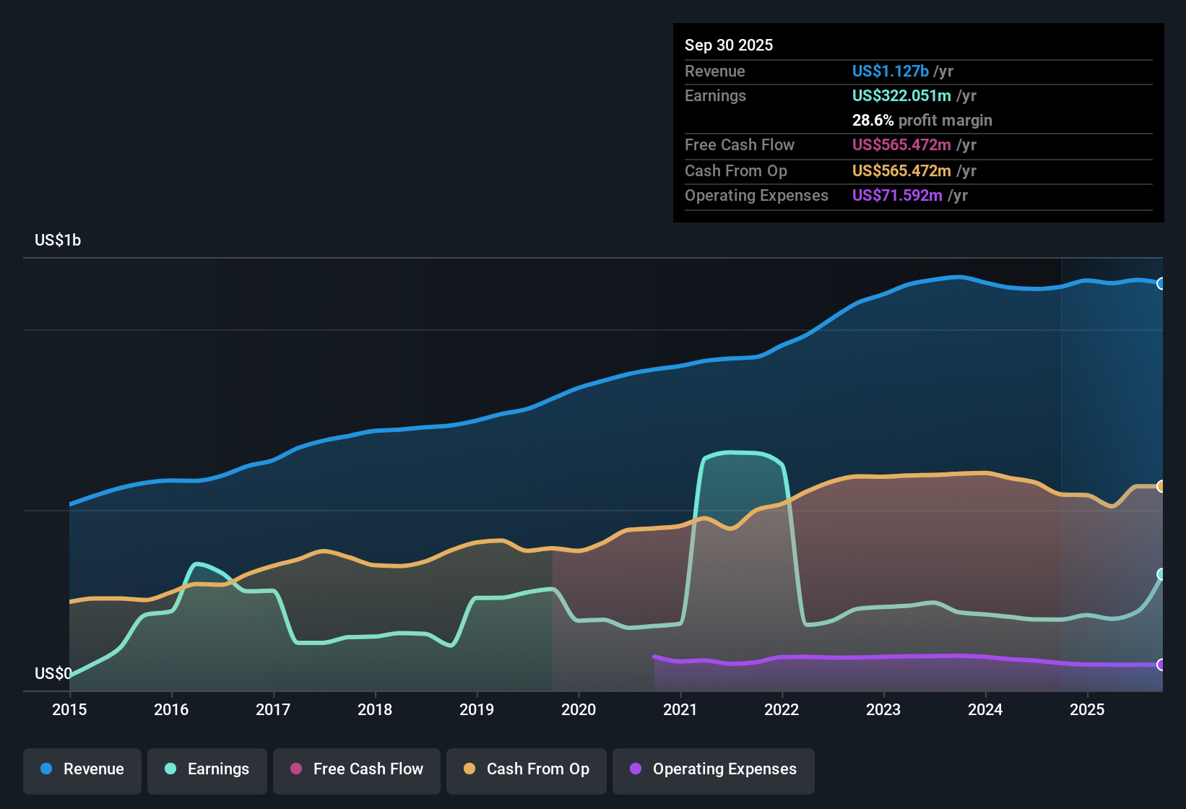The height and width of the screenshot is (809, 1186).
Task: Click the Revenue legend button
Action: (82, 769)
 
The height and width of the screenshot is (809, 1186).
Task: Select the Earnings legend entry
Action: (207, 769)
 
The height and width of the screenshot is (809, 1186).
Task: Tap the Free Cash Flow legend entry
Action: (357, 769)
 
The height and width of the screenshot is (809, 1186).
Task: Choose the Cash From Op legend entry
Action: (527, 769)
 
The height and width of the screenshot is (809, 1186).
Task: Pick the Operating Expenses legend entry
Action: (714, 769)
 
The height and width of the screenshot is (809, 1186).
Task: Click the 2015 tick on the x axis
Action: (69, 709)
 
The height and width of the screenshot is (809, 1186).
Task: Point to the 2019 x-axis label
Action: (477, 709)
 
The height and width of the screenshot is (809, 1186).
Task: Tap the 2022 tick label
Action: (782, 709)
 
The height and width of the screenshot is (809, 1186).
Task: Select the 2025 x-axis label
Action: (1087, 709)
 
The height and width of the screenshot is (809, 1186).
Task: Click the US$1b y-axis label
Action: (58, 241)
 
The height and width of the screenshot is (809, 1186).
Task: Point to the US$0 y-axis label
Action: (53, 673)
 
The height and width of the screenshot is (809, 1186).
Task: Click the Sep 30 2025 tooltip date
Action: (729, 45)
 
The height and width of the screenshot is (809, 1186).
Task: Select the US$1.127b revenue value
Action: (890, 71)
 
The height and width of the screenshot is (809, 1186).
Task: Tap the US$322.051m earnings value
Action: (901, 95)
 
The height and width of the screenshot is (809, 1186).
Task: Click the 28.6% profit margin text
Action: (922, 120)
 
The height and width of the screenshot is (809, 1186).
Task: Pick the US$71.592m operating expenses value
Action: (897, 195)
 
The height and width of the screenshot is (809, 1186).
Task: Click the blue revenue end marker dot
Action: (1161, 283)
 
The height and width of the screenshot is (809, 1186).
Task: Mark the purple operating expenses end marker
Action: (1161, 665)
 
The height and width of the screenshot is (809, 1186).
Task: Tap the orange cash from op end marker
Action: (1161, 486)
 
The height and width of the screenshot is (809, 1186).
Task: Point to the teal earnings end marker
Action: (1161, 574)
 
